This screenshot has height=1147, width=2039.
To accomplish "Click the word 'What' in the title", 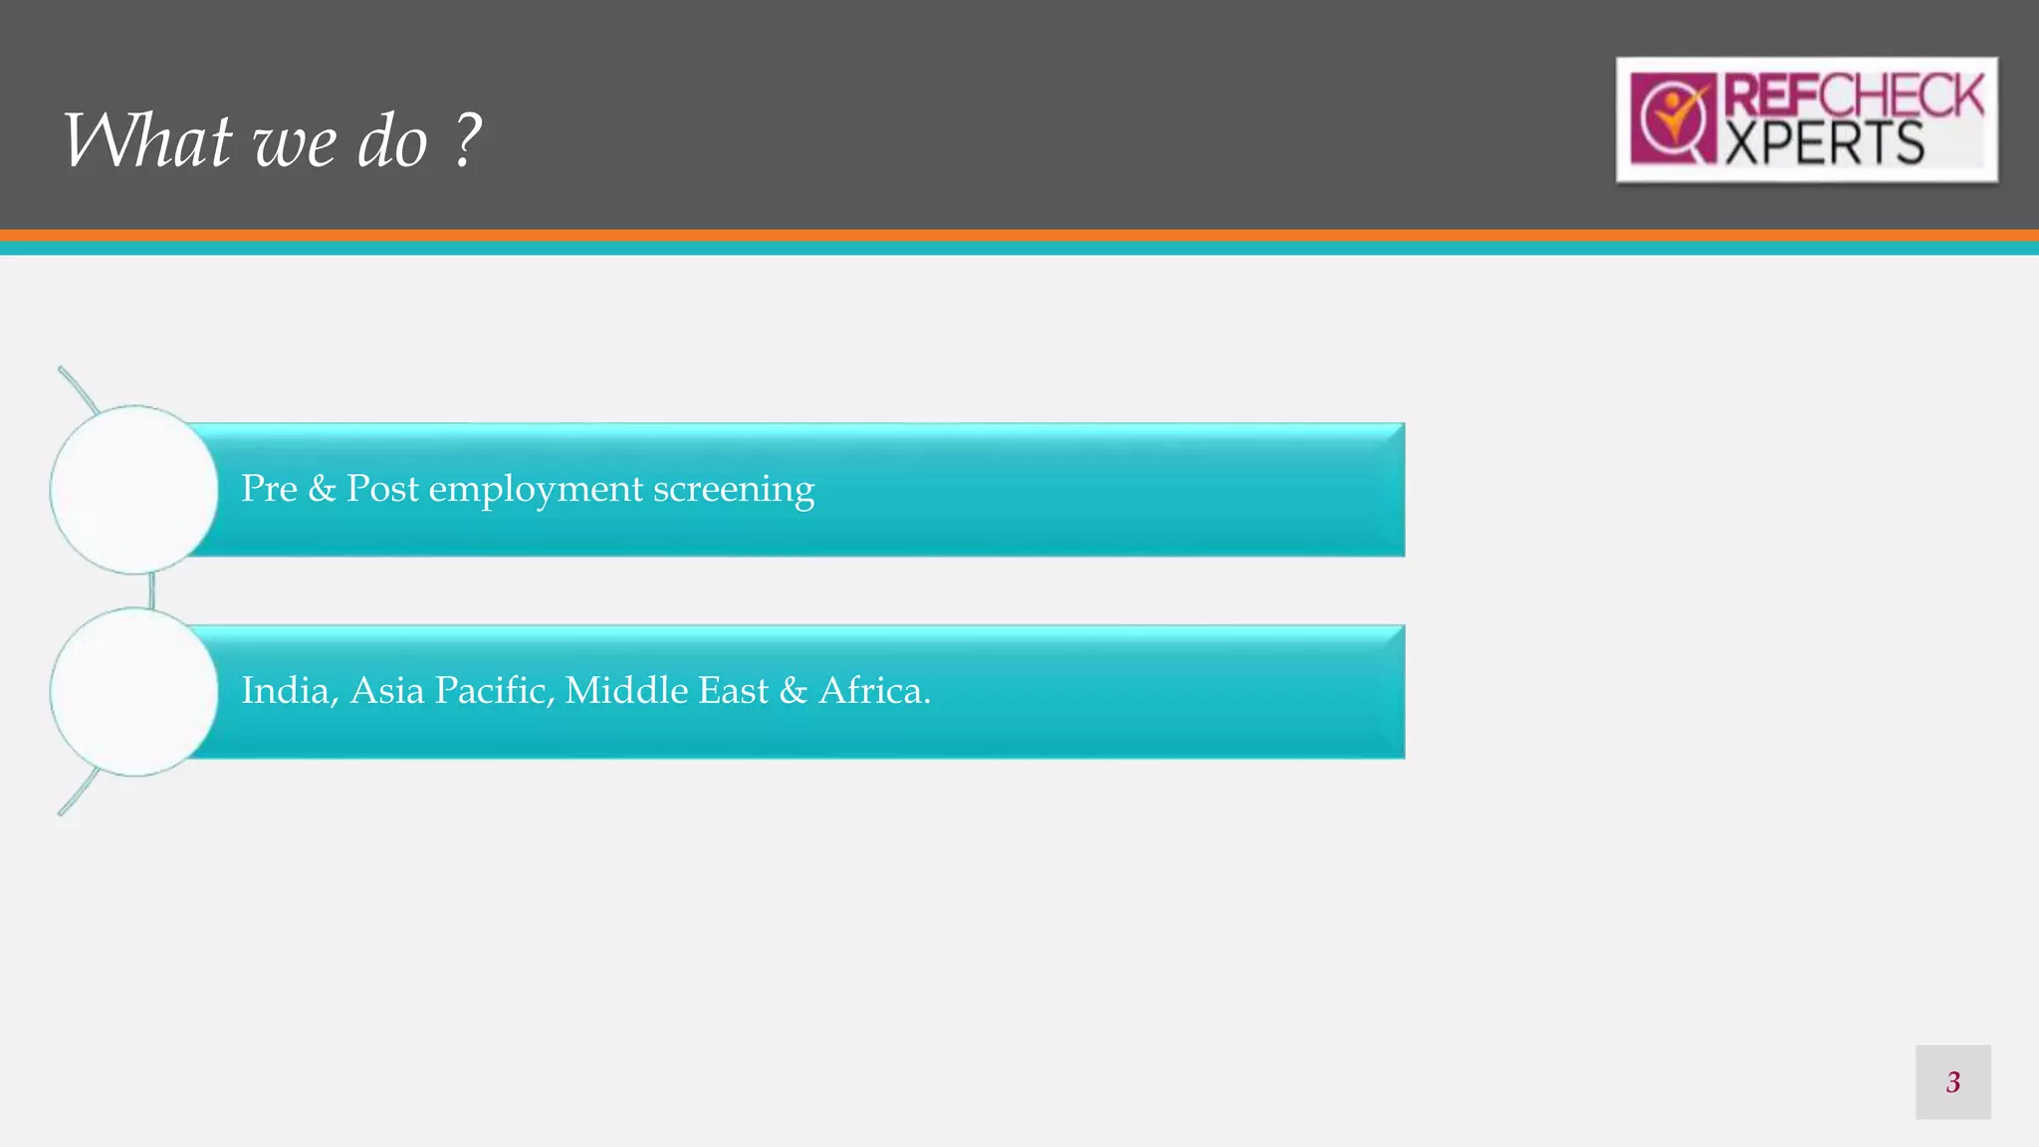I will click(147, 140).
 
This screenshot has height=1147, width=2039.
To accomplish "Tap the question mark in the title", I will click(468, 140).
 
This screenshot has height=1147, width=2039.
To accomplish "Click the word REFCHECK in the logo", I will click(1854, 97).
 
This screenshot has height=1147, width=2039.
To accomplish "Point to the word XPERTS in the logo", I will click(1824, 143).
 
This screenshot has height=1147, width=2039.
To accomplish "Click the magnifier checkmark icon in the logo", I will click(1674, 119).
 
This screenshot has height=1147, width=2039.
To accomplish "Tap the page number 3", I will click(1952, 1082).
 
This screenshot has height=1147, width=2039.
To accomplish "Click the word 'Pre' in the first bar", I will click(269, 489).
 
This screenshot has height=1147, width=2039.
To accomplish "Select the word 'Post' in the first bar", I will click(382, 489).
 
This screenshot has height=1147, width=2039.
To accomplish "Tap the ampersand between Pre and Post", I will click(322, 489).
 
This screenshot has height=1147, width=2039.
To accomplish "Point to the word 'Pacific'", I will click(494, 691).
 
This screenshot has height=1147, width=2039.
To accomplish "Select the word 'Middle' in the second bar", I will click(626, 690).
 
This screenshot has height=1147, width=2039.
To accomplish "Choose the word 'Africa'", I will click(873, 691).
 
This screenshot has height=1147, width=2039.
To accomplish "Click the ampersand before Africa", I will click(793, 691).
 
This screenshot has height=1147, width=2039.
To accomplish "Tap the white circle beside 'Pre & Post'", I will click(133, 489).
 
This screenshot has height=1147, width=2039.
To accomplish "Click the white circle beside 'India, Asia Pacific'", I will click(133, 692).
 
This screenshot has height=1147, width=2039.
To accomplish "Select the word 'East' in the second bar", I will click(734, 691).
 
